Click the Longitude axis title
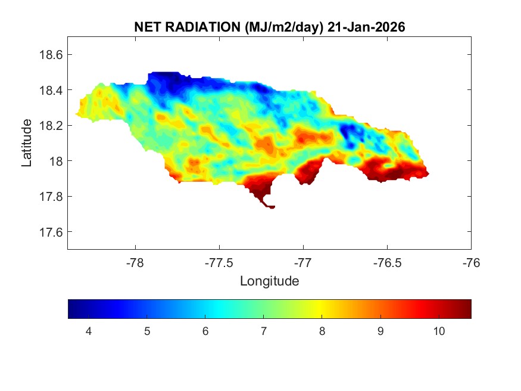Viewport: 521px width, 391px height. (269, 280)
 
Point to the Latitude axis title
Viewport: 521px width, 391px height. (27, 142)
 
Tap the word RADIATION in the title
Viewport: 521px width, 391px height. (202, 27)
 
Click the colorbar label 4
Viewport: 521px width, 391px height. (88, 331)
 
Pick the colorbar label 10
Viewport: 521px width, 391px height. (439, 331)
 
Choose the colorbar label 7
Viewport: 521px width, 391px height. (264, 331)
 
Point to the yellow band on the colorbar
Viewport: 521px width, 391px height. (322, 309)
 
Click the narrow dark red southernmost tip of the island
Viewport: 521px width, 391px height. (270, 206)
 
